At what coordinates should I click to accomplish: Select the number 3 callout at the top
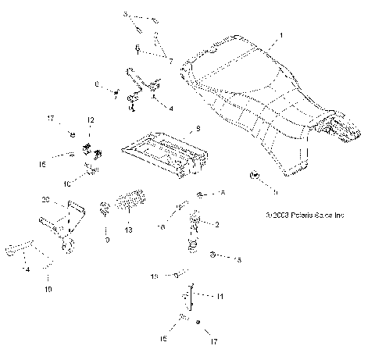tap(125, 15)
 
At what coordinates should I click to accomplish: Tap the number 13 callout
tap(129, 232)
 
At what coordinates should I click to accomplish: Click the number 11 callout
tap(220, 297)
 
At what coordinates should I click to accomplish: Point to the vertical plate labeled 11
tap(190, 301)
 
